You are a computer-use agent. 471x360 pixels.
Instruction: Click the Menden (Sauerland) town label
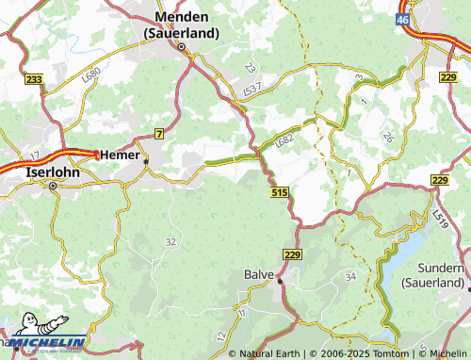tap(181, 25)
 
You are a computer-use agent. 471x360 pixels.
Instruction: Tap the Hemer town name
tap(120, 155)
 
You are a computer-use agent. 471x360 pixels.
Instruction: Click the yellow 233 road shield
tap(35, 81)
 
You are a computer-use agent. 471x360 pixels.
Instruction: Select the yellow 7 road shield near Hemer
tap(159, 134)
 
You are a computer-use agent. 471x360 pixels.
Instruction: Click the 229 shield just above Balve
tap(290, 254)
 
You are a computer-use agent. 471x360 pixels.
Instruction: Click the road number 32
tap(170, 242)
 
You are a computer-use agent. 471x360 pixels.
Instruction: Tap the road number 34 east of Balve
tap(350, 276)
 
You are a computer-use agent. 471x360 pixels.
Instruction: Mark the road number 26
tap(388, 138)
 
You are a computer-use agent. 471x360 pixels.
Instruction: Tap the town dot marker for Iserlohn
tap(54, 187)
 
